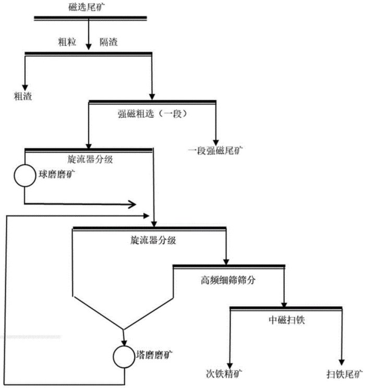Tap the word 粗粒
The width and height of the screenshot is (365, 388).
[67, 42]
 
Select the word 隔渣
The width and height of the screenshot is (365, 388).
[108, 42]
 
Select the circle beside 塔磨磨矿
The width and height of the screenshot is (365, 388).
[124, 356]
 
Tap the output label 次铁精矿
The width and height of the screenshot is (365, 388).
[225, 373]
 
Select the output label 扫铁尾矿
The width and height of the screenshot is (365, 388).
[343, 373]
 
